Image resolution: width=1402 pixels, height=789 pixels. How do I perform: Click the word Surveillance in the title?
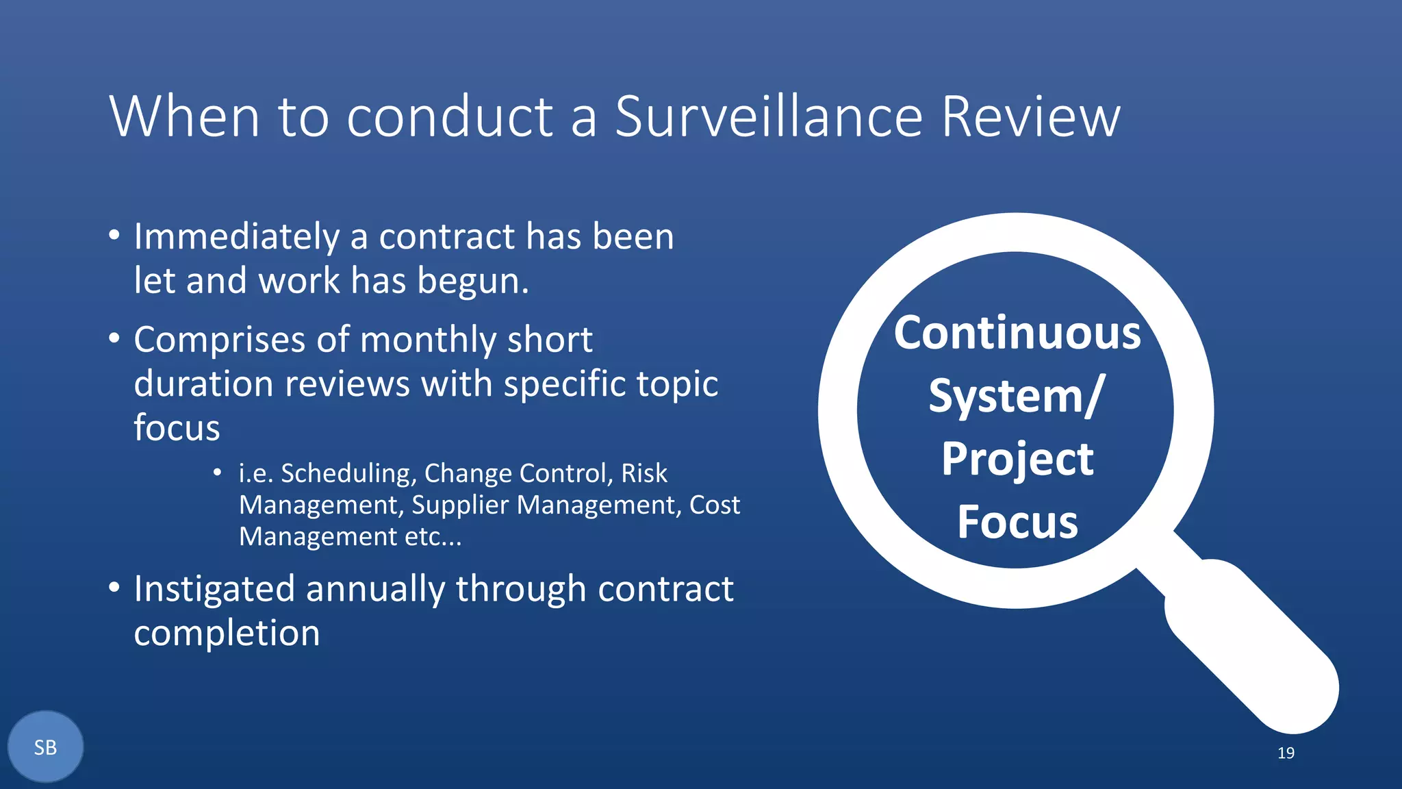769,116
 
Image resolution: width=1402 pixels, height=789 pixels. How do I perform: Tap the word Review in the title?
1030,116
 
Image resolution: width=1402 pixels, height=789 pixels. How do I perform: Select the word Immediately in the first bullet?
236,237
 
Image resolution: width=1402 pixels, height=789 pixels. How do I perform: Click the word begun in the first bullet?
472,281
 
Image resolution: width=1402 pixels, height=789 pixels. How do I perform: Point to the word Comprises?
219,340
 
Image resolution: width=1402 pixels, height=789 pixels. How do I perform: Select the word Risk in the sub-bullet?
643,473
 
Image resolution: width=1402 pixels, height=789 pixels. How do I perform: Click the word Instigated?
214,590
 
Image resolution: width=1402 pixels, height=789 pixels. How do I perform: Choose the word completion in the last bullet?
227,634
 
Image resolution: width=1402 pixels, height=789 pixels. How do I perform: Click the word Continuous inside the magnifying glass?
1017,334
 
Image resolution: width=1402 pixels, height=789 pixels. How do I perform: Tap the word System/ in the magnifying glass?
1017,397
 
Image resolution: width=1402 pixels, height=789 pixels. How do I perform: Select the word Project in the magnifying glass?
1017,460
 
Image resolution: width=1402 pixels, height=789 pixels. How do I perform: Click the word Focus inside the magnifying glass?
1017,523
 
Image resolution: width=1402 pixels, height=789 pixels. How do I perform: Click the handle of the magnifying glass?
1253,647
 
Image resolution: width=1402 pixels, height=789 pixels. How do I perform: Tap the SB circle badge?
45,747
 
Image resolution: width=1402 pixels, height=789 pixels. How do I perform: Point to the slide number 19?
1286,753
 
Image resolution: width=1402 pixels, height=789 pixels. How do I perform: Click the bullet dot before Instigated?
114,587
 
